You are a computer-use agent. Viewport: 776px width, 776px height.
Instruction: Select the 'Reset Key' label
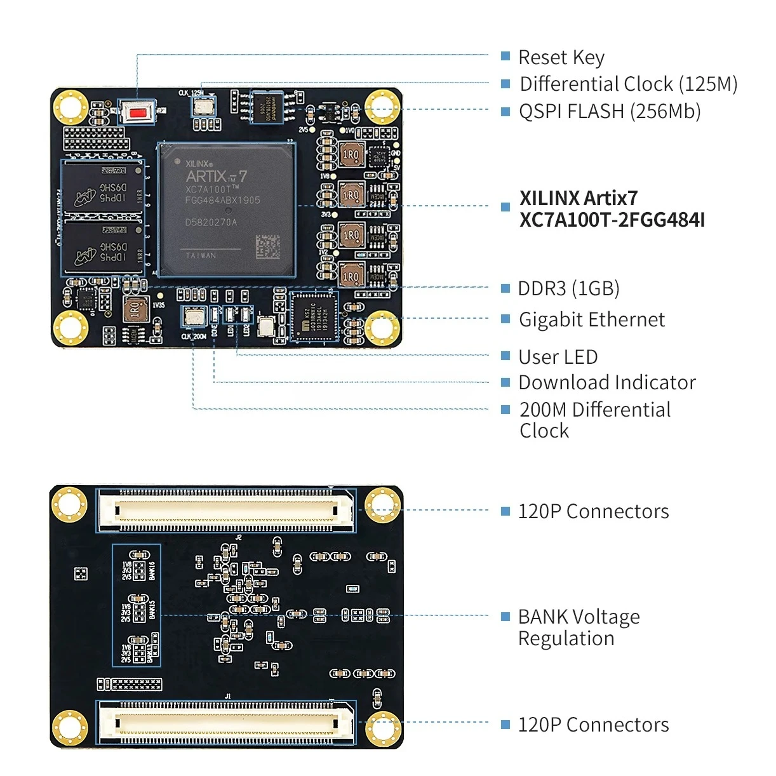[561, 57]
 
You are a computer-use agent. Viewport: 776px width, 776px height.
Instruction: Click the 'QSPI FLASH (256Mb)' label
[609, 111]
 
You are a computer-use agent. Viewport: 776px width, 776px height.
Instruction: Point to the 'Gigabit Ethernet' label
[591, 319]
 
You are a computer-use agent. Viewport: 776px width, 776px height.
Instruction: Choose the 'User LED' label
[558, 357]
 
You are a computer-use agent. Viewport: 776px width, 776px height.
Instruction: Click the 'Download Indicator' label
[606, 382]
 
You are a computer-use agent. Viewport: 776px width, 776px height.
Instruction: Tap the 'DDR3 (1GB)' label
[568, 288]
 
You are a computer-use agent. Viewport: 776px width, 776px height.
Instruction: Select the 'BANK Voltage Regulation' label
[579, 627]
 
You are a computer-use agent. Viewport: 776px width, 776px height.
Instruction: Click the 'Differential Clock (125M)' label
[628, 84]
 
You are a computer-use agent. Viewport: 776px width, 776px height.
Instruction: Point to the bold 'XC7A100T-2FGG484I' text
[612, 220]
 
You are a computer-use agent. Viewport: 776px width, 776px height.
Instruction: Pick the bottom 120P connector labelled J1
[226, 722]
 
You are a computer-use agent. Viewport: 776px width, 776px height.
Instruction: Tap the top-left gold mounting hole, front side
[70, 107]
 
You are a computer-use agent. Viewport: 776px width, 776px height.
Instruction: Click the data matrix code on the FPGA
[267, 247]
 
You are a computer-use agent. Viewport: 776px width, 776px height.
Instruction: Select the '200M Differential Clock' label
[594, 420]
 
